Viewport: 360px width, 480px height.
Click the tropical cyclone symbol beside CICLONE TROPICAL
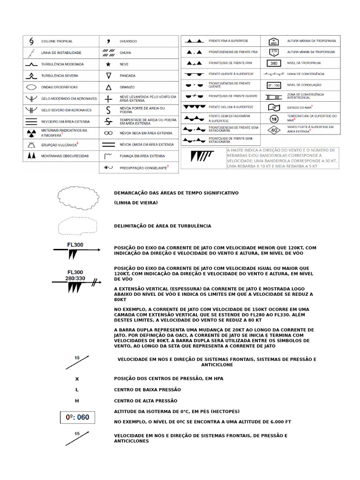pyautogui.click(x=31, y=41)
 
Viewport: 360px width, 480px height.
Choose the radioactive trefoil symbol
pyautogui.click(x=31, y=133)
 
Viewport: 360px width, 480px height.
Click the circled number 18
pyautogui.click(x=274, y=119)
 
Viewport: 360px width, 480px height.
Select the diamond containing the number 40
pyautogui.click(x=274, y=130)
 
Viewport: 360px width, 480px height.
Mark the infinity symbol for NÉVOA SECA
pyautogui.click(x=108, y=133)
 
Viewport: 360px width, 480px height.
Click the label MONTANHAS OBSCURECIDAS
pyautogui.click(x=65, y=156)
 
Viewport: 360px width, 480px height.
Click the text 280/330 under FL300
pyautogui.click(x=75, y=278)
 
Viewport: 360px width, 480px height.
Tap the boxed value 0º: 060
pyautogui.click(x=77, y=417)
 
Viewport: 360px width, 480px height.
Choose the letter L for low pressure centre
pyautogui.click(x=77, y=390)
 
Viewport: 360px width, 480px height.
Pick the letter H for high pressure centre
pyautogui.click(x=77, y=401)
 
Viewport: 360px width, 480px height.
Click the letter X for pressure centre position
pyautogui.click(x=77, y=378)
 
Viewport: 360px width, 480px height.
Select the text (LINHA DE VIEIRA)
pyautogui.click(x=136, y=202)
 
